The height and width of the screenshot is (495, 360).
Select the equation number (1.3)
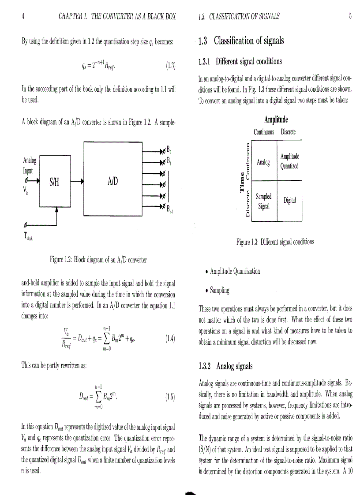[x=170, y=67]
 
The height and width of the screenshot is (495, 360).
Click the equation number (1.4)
[x=170, y=339]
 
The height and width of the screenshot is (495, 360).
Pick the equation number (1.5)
[x=170, y=396]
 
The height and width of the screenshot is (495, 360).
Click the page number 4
[x=23, y=17]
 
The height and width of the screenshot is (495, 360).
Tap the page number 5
[x=350, y=17]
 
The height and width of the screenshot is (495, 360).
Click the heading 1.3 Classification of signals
[x=241, y=41]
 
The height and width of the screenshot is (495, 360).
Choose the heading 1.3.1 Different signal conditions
[x=240, y=61]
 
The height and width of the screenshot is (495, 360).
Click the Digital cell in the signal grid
[x=289, y=201]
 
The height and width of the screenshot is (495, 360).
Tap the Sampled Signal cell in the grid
[x=264, y=201]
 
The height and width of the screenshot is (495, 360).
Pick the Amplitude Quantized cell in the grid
[x=289, y=161]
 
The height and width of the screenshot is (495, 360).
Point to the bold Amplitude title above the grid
[x=276, y=119]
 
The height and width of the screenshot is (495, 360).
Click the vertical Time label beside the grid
[x=241, y=181]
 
